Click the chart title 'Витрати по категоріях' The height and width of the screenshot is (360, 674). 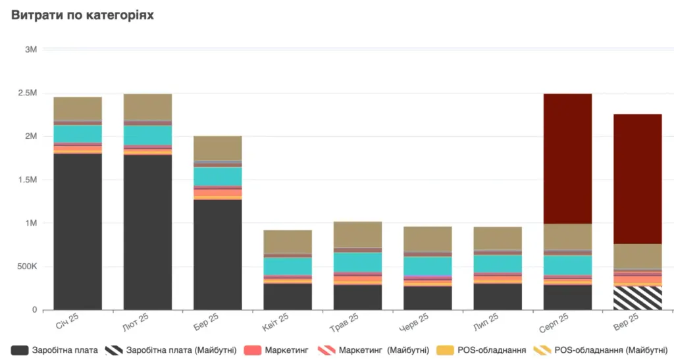pos(82,15)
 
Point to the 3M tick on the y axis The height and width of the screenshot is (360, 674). pos(31,49)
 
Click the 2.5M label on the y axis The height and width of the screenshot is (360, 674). pos(28,93)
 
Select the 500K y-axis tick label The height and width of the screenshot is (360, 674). pos(27,267)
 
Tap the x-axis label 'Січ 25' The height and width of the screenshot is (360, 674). pos(68,321)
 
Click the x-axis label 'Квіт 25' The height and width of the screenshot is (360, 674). pos(276,322)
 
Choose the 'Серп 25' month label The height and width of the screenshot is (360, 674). pos(554,322)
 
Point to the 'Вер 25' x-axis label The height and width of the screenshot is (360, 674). pos(627,321)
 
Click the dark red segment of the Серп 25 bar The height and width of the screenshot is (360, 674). pos(567,159)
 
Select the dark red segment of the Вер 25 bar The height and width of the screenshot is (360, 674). pos(637,179)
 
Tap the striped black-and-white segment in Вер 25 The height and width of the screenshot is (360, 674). pos(637,298)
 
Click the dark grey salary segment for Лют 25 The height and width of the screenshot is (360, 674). pos(147,232)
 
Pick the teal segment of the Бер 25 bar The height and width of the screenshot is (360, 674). pos(217,176)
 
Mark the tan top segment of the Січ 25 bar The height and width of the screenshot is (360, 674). pos(78,108)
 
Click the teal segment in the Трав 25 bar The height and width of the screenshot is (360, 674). pos(357,262)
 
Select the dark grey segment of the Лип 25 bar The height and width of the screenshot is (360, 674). pos(498,297)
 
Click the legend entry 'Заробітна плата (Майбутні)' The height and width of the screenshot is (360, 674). pos(170,350)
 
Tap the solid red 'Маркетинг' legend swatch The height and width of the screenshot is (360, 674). pos(252,350)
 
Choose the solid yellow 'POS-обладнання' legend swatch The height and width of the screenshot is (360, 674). pos(445,350)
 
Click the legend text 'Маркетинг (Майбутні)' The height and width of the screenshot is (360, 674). pos(384,350)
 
